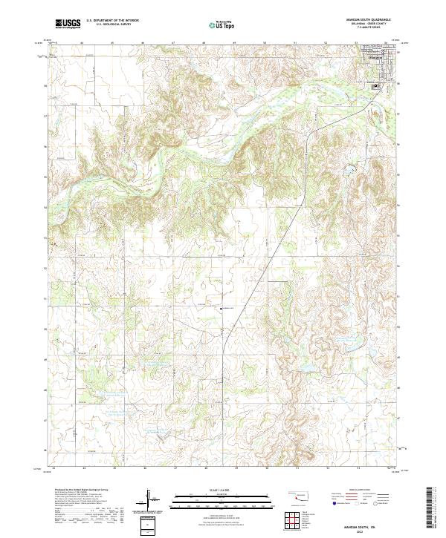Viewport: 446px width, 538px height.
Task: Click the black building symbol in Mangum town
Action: [376, 85]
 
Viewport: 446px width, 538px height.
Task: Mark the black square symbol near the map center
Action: [220, 307]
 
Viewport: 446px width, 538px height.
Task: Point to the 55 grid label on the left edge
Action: [47, 176]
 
